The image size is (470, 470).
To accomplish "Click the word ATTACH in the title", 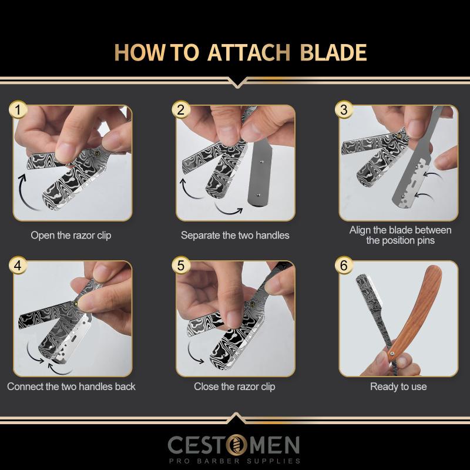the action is click(249, 52).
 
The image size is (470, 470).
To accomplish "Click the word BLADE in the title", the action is click(333, 52).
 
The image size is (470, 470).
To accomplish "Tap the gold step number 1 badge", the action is click(18, 110).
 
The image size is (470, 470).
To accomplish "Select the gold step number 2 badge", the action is click(181, 110).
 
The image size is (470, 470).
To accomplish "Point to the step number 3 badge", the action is click(344, 110).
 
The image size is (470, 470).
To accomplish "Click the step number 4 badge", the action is click(18, 266).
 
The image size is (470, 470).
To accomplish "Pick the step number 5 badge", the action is click(181, 266).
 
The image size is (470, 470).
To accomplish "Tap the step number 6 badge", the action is click(344, 266).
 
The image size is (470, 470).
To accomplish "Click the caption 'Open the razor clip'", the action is click(71, 236).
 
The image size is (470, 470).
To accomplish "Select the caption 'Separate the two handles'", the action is click(235, 236).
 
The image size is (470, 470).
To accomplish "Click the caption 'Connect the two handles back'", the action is click(71, 387).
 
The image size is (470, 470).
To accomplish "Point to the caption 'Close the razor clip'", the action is click(234, 387).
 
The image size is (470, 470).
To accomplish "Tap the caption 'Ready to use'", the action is click(398, 387).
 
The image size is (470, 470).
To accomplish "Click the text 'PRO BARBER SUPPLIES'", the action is click(234, 461).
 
